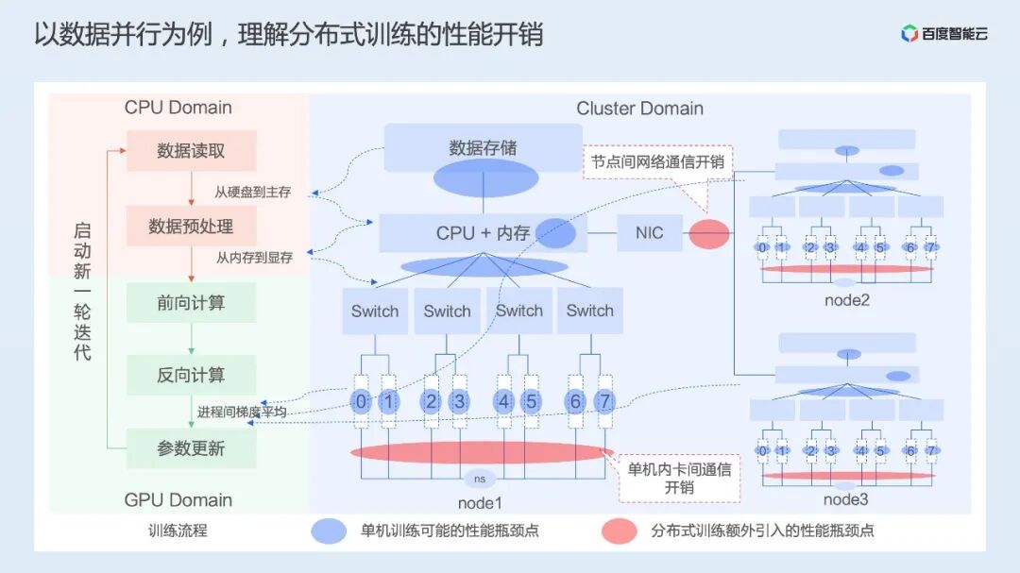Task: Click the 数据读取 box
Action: (191, 150)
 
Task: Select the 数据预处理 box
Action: (191, 227)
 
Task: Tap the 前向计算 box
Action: (191, 303)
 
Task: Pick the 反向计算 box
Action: (191, 375)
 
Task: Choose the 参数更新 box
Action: (191, 448)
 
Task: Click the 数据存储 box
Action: (483, 148)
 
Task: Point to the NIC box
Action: (649, 232)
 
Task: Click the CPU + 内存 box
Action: (483, 232)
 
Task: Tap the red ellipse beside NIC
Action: (708, 233)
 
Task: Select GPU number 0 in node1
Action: (360, 402)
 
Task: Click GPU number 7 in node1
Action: (604, 402)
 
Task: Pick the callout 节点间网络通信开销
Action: (657, 161)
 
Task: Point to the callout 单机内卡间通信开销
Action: (679, 478)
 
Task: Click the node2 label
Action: (846, 301)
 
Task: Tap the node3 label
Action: (846, 499)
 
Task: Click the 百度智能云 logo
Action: (943, 34)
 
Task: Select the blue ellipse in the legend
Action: (329, 531)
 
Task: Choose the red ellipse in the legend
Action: (619, 531)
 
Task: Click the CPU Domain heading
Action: (178, 108)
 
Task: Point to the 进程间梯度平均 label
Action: (242, 413)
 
